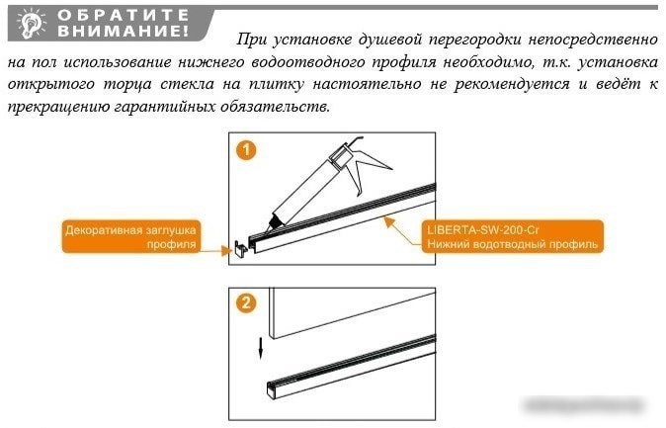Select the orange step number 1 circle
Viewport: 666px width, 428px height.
coord(246,150)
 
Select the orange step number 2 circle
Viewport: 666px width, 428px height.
coord(246,303)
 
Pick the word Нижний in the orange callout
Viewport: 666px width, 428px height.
coord(447,242)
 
